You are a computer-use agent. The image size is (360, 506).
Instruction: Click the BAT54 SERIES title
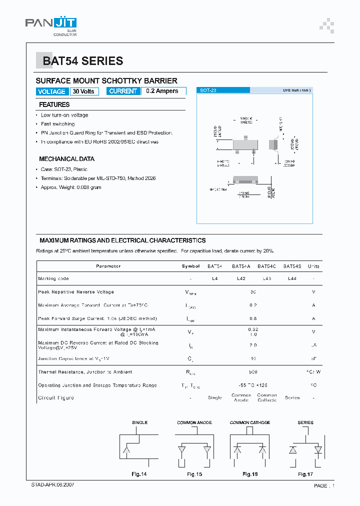(82, 61)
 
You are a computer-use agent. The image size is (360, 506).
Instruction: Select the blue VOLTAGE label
(51, 91)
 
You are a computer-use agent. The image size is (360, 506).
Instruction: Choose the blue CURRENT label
(122, 91)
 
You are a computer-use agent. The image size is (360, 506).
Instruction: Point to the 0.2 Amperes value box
(163, 91)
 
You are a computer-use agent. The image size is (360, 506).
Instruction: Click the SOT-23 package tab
(208, 90)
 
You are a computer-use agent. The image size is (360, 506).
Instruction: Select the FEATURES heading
(54, 105)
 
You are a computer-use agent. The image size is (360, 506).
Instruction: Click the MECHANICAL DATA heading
(66, 159)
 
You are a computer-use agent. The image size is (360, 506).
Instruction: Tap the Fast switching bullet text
(57, 124)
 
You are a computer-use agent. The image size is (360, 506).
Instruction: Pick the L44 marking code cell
(292, 278)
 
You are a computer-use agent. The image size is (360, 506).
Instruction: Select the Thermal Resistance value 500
(252, 372)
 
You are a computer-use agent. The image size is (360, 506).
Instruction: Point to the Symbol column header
(190, 266)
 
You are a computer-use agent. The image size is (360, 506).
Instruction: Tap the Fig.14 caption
(139, 474)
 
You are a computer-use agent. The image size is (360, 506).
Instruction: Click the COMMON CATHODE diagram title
(250, 422)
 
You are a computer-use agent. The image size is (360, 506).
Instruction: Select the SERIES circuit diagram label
(305, 422)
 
